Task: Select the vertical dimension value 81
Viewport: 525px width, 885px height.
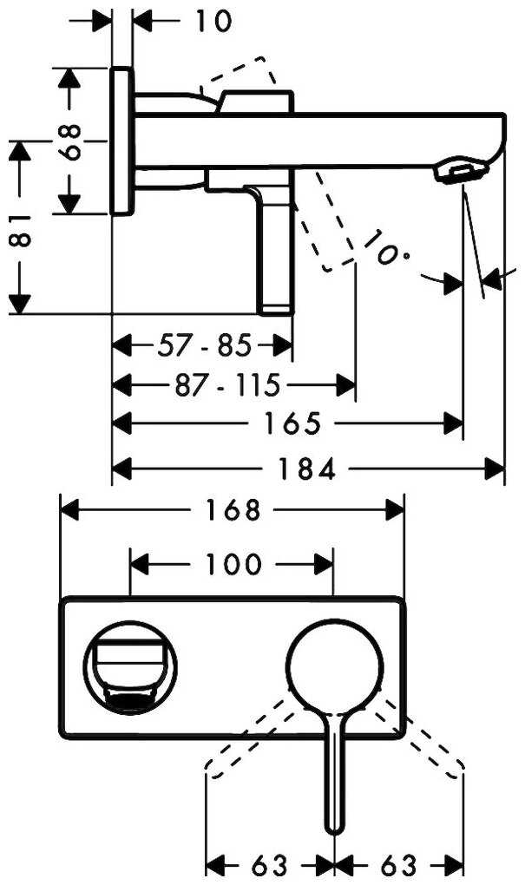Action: [x=22, y=228]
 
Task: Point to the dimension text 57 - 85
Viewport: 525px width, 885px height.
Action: [x=204, y=346]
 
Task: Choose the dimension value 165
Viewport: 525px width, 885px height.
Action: [x=291, y=423]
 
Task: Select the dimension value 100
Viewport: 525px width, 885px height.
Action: [x=233, y=566]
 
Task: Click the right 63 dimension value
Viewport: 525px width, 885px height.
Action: [x=397, y=865]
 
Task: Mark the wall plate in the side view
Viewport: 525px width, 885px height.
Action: [x=122, y=140]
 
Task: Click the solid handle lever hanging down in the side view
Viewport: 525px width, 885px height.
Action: [x=276, y=252]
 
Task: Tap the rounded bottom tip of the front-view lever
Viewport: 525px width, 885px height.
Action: [x=333, y=826]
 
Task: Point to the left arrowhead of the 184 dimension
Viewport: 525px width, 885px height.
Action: [x=122, y=469]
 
